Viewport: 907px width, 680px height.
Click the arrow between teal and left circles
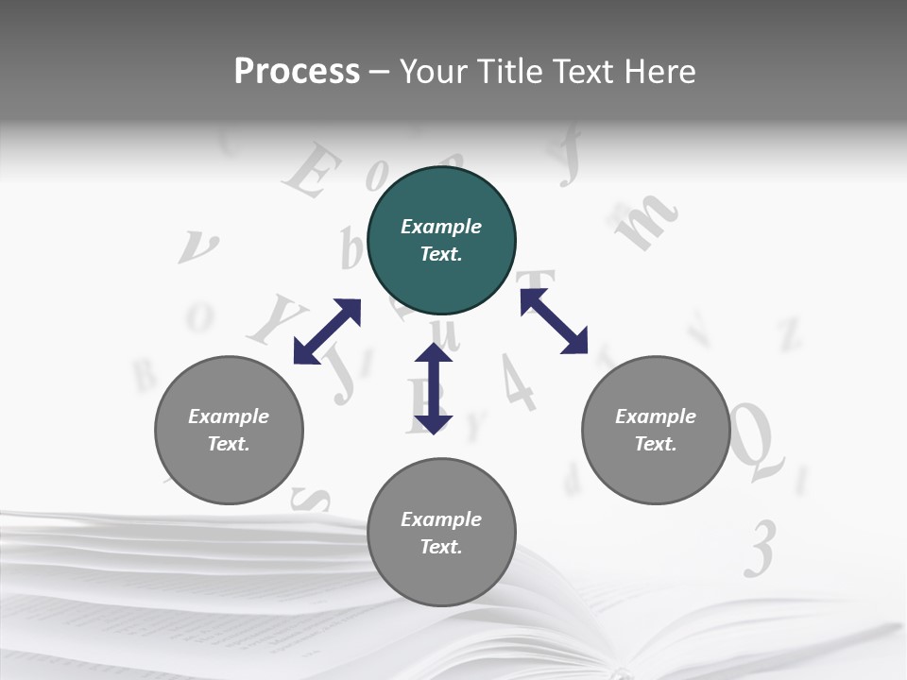[x=327, y=331]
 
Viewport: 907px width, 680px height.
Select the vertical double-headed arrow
[x=434, y=388]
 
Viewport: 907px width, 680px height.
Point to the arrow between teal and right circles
[x=554, y=321]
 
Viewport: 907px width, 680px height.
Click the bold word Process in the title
[x=297, y=71]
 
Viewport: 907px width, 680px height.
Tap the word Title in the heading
[x=511, y=71]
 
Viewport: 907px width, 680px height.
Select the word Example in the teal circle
[x=441, y=227]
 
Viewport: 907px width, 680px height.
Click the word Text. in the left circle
[x=229, y=444]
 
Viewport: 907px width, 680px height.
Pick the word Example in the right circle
[x=656, y=416]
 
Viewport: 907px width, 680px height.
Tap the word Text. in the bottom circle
[x=441, y=547]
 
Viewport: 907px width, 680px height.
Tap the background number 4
[x=517, y=382]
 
